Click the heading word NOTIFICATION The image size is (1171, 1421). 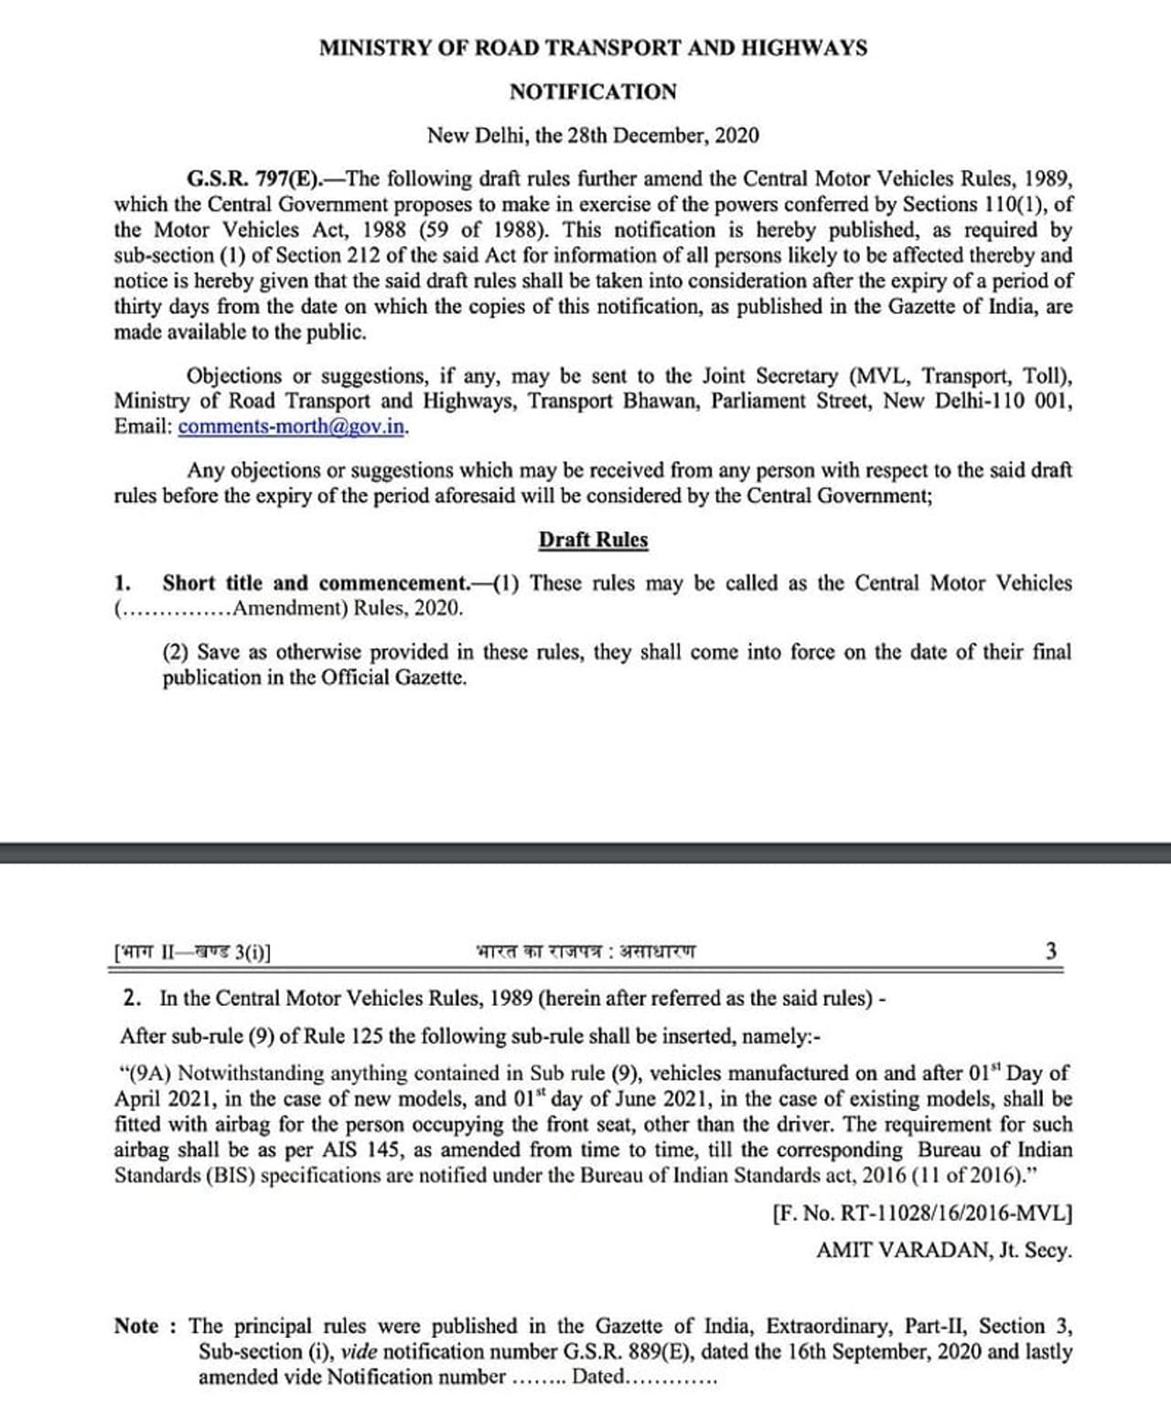pos(593,92)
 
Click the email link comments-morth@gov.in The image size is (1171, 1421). pos(291,427)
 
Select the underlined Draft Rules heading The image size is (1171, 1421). pos(593,540)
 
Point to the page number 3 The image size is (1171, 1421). pos(1051,951)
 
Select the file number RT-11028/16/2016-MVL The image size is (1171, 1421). pos(952,1213)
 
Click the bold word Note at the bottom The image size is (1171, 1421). pos(137,1326)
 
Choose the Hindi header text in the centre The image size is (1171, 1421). pos(585,951)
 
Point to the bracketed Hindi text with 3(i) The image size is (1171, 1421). pos(192,952)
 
